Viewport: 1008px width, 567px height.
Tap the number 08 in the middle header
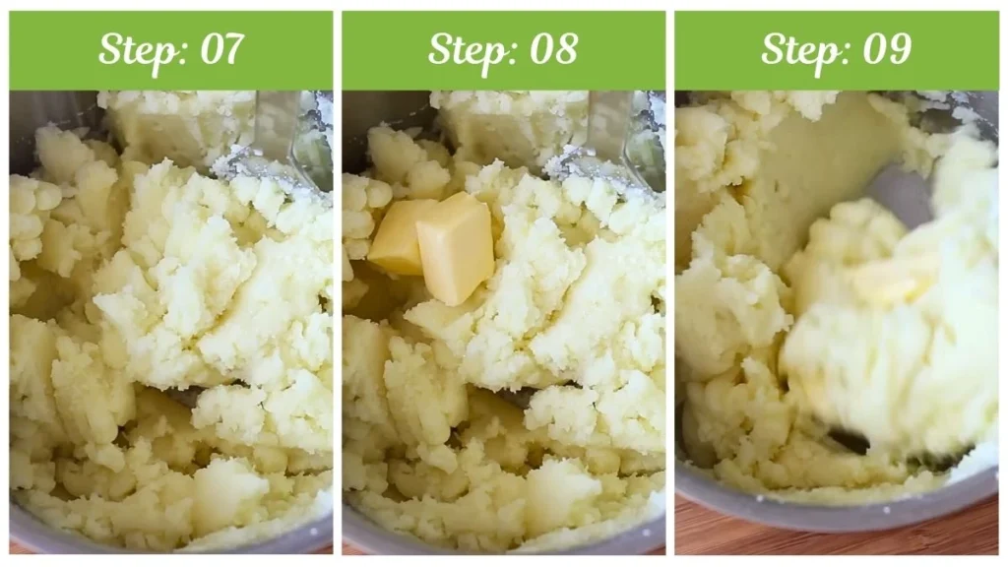[x=553, y=49]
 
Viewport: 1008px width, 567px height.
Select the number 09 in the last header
[x=886, y=49]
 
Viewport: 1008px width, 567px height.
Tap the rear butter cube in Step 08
[x=397, y=236]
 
